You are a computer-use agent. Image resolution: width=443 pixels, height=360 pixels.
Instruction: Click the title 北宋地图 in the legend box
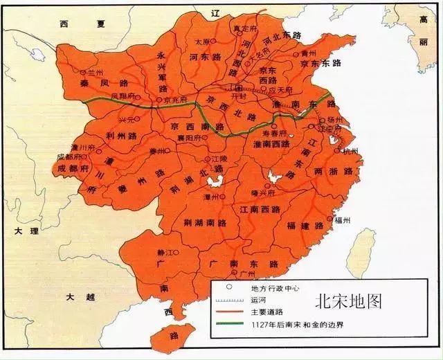347,302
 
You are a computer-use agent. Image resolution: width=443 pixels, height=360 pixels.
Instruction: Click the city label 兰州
92,71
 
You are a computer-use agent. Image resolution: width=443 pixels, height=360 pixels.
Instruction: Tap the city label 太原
202,42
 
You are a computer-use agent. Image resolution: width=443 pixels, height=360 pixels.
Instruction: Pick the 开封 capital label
239,97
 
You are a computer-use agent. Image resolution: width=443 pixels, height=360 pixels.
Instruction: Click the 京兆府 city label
178,100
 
